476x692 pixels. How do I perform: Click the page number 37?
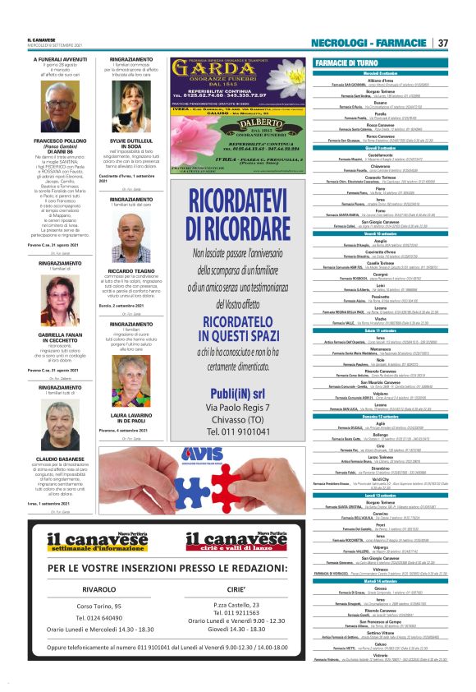[x=442, y=43]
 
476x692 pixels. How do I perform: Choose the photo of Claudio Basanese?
[x=60, y=424]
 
